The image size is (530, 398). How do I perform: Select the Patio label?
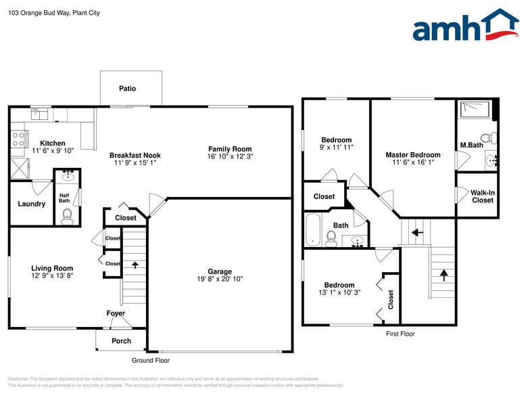tap(127, 89)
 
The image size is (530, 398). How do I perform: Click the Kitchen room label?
tap(53, 143)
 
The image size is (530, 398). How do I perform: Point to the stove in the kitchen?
tap(17, 139)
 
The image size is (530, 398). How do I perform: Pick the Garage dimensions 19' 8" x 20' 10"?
tap(220, 279)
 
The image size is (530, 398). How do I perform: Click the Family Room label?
tap(230, 149)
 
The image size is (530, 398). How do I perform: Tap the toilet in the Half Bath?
tap(67, 217)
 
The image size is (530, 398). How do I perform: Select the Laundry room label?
tap(32, 204)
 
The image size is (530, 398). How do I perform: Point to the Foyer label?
tap(116, 313)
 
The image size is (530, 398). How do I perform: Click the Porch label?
tap(121, 340)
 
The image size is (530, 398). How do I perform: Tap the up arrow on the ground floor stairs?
tap(134, 265)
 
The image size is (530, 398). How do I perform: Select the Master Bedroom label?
tap(413, 155)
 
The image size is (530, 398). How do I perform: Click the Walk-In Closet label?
tap(482, 196)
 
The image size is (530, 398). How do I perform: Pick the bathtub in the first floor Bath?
tap(313, 230)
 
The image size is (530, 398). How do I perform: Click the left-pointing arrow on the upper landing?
tap(418, 231)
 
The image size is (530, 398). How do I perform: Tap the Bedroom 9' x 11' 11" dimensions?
tap(336, 147)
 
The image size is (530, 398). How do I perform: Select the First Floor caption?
tap(400, 334)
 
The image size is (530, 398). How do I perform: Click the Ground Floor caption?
tap(150, 361)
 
